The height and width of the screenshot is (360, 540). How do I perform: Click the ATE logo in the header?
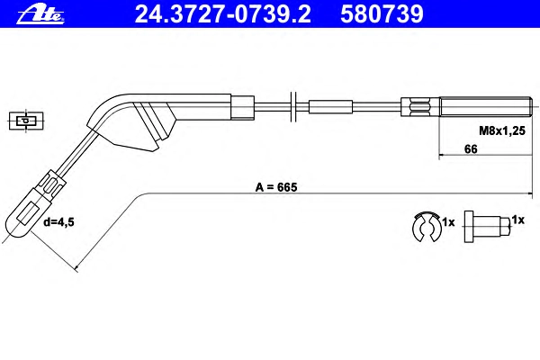[40, 14]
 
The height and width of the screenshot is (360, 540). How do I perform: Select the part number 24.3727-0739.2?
[222, 14]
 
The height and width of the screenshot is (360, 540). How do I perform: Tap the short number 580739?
[382, 14]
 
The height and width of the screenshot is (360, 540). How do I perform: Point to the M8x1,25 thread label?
[502, 130]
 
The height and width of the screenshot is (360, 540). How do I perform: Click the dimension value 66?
[471, 149]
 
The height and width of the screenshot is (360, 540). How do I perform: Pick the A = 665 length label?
[276, 187]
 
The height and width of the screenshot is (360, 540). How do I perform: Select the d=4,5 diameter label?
[58, 222]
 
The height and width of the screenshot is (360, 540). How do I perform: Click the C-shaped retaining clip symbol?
[427, 226]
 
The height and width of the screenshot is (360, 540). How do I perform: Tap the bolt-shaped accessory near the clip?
[486, 227]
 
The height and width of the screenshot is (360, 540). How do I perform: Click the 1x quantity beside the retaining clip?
[448, 222]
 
